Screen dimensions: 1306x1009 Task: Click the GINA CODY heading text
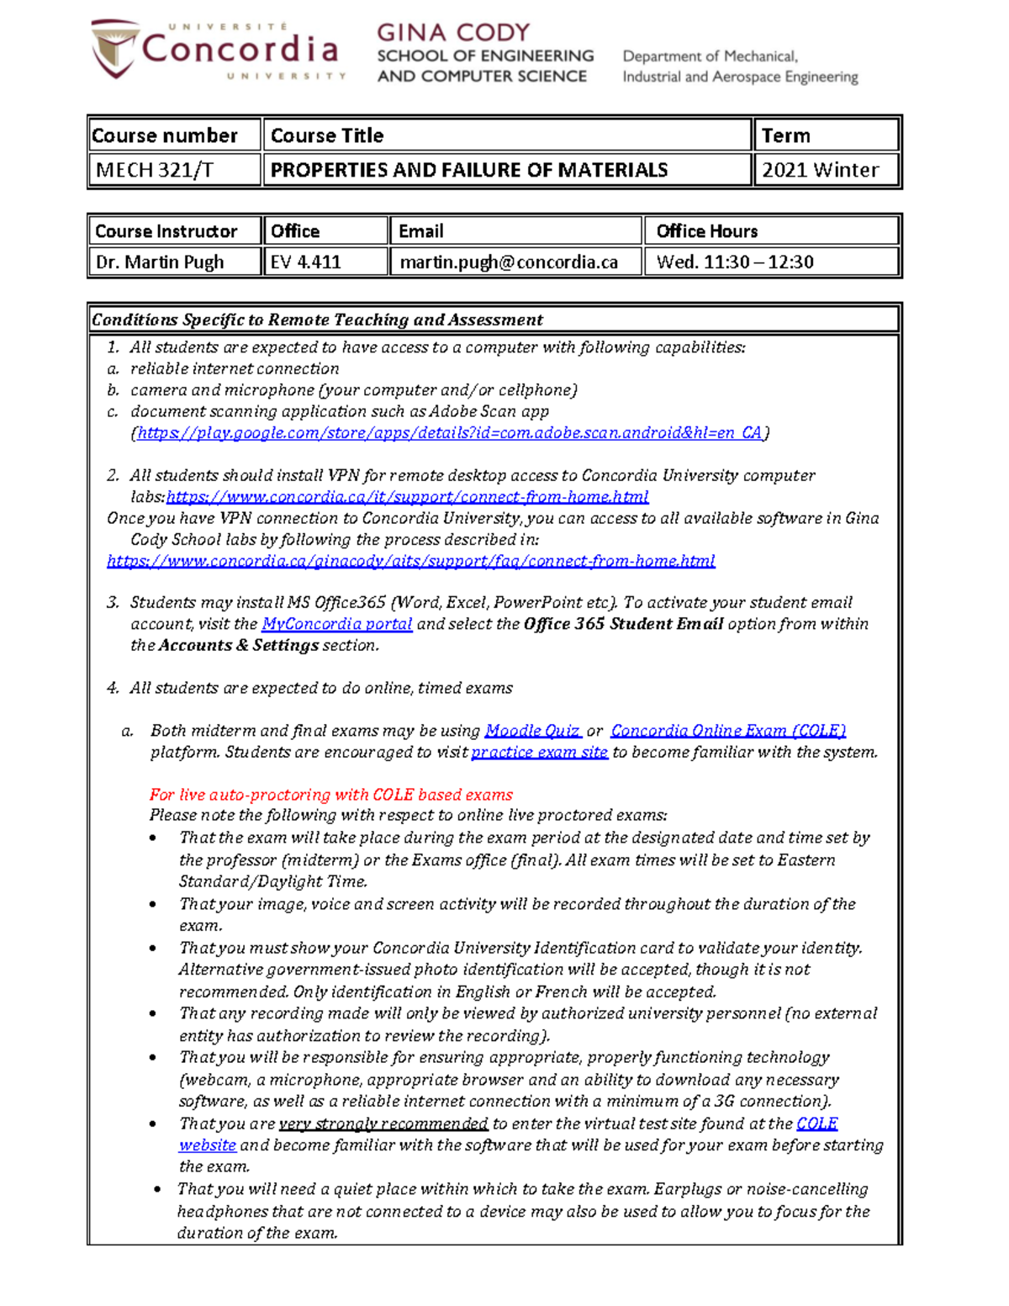coord(453,32)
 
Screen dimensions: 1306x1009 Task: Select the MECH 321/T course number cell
coord(155,170)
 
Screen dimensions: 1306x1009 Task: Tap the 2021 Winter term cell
coord(820,170)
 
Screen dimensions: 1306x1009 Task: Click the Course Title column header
coord(327,135)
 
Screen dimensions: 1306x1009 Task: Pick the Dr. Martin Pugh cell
coord(160,262)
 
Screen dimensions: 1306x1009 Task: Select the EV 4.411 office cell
coord(306,262)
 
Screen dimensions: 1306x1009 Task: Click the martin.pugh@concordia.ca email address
coord(509,262)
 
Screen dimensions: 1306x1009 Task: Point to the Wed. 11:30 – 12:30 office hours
coord(735,262)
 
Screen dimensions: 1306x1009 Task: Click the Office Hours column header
coord(706,230)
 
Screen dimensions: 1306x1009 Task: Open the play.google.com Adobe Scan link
coord(450,432)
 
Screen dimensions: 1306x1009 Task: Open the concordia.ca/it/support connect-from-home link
coord(407,496)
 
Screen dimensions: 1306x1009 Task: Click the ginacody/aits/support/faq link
coord(410,560)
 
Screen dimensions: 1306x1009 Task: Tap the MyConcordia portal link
coord(336,624)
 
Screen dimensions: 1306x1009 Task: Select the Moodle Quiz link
coord(532,731)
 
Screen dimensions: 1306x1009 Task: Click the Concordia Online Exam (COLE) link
coord(728,731)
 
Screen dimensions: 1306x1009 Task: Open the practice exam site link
coord(539,752)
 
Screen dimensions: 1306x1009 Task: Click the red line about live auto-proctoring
coord(330,794)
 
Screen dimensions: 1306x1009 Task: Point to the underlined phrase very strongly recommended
coord(383,1124)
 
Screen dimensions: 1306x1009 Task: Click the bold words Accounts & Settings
coord(239,645)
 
